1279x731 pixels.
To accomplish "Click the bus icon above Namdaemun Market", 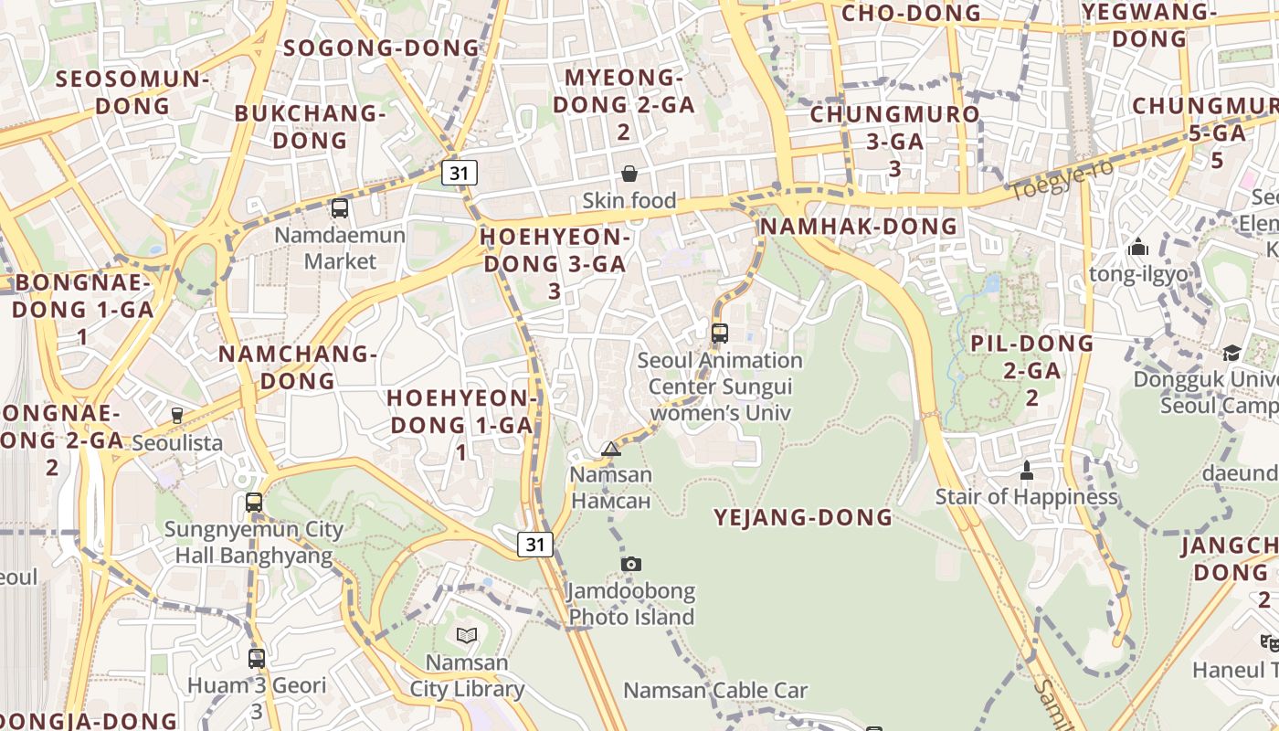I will tap(340, 208).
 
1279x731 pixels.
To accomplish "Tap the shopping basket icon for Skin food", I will tap(629, 174).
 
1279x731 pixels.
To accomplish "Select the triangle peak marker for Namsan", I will tap(611, 449).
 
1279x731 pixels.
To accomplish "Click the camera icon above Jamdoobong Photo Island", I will tap(630, 564).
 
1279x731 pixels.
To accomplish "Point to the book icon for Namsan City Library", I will tap(467, 635).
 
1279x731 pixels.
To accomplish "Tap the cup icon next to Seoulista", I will tap(177, 415).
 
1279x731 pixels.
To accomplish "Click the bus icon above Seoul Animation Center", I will tap(720, 334).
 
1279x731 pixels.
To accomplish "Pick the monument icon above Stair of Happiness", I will tap(1026, 471).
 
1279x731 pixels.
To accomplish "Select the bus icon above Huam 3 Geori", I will tap(257, 658).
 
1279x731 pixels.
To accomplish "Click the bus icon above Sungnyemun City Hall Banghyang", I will tap(254, 503).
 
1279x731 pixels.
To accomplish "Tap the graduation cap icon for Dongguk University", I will tap(1231, 353).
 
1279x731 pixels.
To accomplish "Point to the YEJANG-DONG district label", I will tap(803, 517).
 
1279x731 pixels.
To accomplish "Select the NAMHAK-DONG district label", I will tap(859, 226).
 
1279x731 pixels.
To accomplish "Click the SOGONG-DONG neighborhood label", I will tap(382, 48).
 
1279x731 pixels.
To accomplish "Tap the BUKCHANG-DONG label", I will tap(311, 127).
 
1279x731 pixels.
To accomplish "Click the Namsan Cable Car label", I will tap(715, 690).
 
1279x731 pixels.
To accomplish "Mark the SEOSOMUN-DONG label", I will tap(132, 91).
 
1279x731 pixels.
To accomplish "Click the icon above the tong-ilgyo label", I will tap(1137, 247).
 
